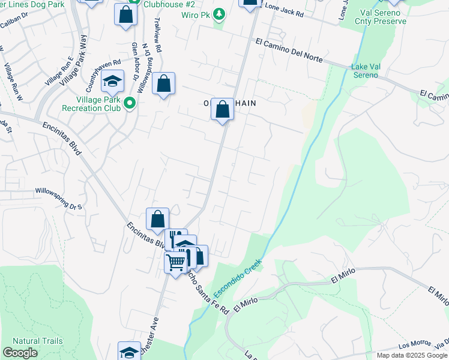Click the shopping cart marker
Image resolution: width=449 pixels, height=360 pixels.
point(176,262)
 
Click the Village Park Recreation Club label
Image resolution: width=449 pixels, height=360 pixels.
point(90,104)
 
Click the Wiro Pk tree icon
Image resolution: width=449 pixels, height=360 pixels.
point(220,13)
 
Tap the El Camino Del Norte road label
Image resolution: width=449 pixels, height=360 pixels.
point(289,51)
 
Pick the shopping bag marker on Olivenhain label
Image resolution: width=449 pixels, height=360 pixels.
point(222,110)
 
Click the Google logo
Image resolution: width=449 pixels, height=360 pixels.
point(20,353)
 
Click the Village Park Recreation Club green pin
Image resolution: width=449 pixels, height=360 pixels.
point(128,104)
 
